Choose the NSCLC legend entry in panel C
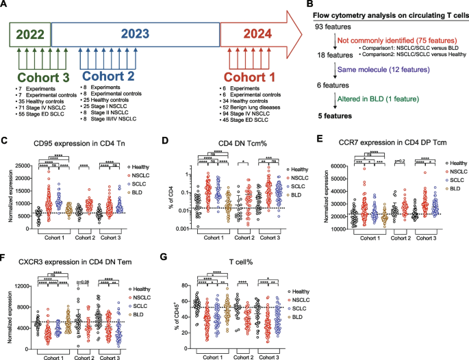(136, 176)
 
